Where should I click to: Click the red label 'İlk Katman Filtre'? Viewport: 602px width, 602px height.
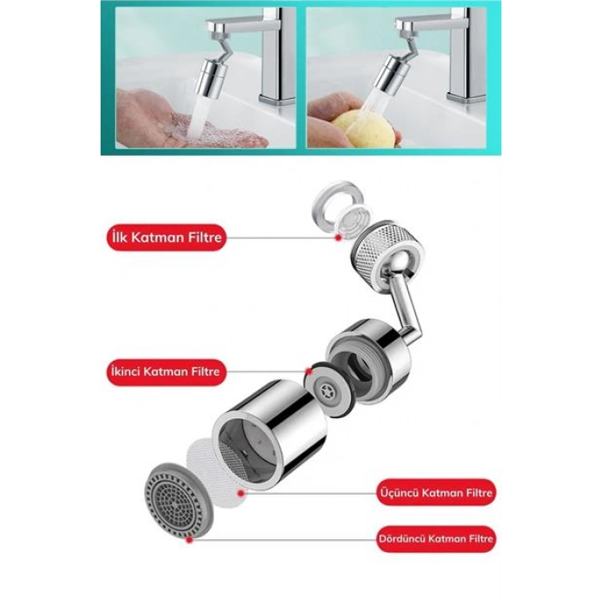pyautogui.click(x=166, y=237)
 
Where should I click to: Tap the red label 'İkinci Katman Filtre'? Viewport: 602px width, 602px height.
pyautogui.click(x=166, y=372)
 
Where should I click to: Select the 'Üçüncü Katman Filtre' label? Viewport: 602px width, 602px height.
pyautogui.click(x=436, y=492)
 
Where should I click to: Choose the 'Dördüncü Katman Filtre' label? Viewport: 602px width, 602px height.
pyautogui.click(x=436, y=538)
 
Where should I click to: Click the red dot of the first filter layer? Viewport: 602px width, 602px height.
pyautogui.click(x=338, y=237)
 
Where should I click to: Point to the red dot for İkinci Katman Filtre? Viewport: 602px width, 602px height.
pyautogui.click(x=308, y=372)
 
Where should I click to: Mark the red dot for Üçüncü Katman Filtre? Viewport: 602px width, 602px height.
pyautogui.click(x=241, y=493)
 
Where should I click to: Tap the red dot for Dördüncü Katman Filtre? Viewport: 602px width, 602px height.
pyautogui.click(x=189, y=539)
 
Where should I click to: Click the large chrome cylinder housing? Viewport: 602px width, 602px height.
pyautogui.click(x=268, y=433)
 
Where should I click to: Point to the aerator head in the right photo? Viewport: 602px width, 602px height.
pyautogui.click(x=390, y=74)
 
